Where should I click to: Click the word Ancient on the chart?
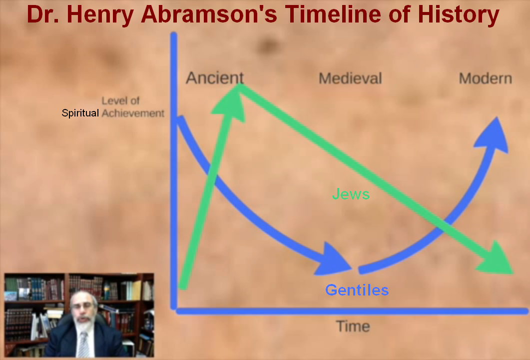click(x=215, y=78)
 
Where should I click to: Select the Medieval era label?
click(x=350, y=78)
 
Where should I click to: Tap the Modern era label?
click(x=485, y=78)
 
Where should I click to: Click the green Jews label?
click(x=351, y=194)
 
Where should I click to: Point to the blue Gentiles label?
click(x=357, y=290)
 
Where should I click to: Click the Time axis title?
click(x=353, y=326)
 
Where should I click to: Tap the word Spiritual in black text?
click(x=80, y=113)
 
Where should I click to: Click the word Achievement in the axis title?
click(x=133, y=113)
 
